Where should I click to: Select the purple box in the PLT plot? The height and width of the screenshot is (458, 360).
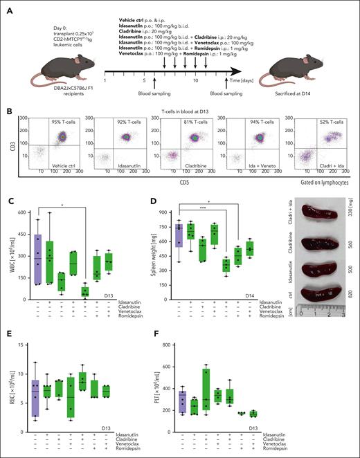182,401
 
